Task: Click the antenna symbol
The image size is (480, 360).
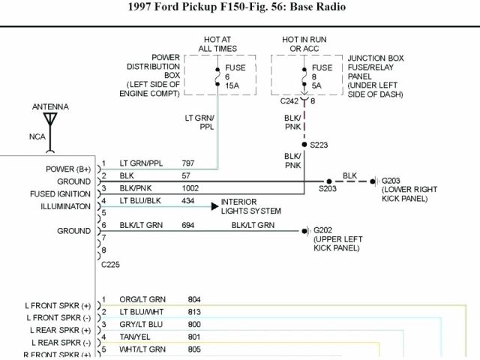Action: pos(50,119)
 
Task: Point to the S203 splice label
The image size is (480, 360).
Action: pos(328,189)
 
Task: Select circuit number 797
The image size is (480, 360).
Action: pos(188,163)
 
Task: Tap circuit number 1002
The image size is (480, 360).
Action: pos(191,188)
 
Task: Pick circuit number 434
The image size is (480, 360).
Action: pos(188,201)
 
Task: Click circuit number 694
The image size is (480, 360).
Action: pos(188,225)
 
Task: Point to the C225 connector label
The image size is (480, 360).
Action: pos(109,264)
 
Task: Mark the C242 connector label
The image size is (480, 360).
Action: pos(289,100)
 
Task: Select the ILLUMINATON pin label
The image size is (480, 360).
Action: pos(59,206)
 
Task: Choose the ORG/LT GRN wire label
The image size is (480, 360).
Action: pos(143,299)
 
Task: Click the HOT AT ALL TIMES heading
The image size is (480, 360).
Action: pos(217,43)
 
